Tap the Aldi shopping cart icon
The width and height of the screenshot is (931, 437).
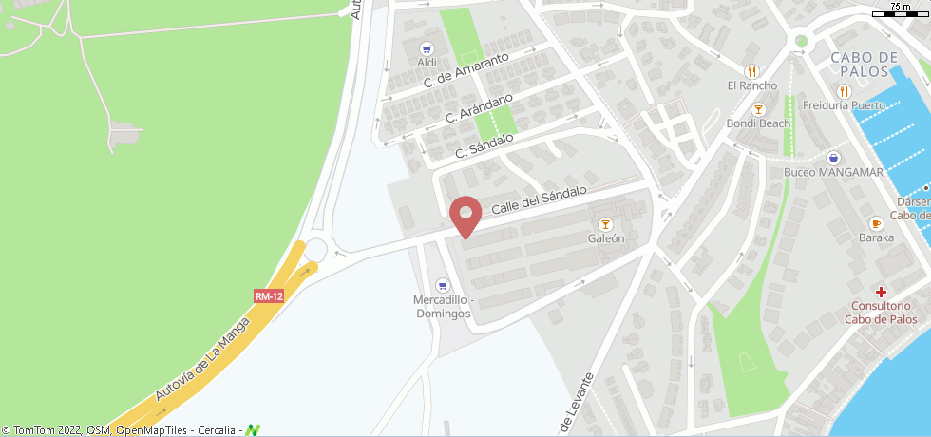click(x=427, y=47)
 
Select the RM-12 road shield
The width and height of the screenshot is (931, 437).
click(x=269, y=296)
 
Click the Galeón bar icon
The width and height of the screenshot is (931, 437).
click(x=605, y=224)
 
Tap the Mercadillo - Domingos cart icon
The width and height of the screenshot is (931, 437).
click(x=442, y=285)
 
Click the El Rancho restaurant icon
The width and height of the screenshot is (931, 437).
click(x=752, y=70)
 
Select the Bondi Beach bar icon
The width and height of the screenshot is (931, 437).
click(x=758, y=109)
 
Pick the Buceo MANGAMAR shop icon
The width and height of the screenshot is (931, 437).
click(x=833, y=158)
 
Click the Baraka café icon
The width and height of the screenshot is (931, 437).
click(x=876, y=223)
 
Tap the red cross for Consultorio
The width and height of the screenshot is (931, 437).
click(x=882, y=292)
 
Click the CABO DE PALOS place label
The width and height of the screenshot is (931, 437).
click(x=864, y=65)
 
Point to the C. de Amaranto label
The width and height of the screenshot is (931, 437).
click(x=466, y=71)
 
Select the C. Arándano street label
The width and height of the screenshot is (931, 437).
click(x=479, y=107)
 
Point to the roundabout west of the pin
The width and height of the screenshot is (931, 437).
click(x=315, y=250)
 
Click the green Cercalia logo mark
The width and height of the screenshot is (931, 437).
click(x=253, y=430)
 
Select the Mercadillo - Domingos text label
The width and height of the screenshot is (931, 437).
click(x=442, y=307)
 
